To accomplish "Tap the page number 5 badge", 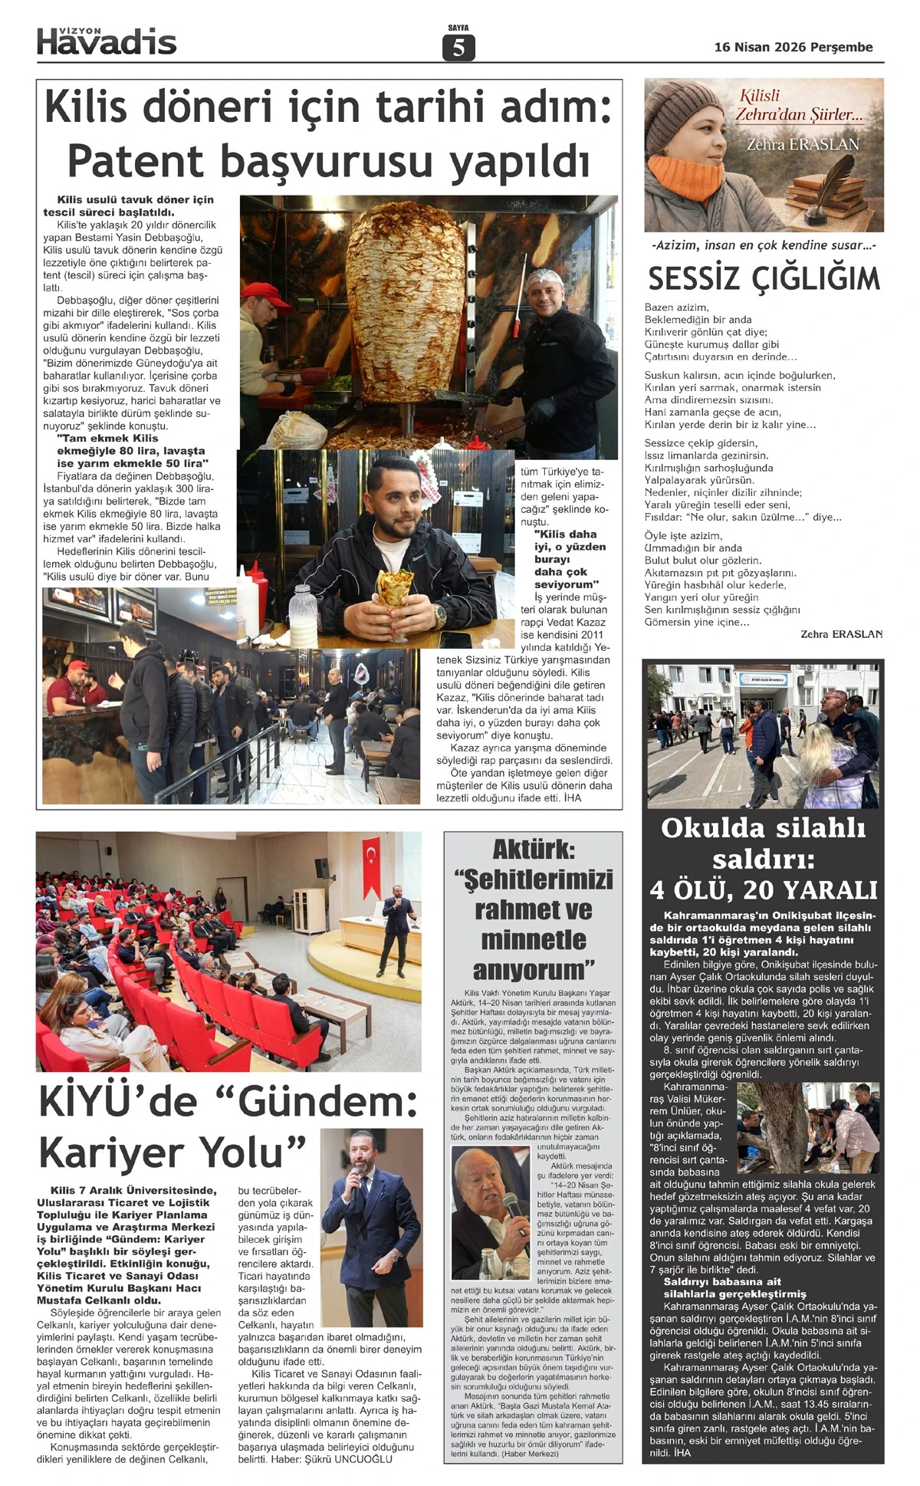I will [458, 48].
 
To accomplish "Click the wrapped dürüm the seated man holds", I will [394, 591].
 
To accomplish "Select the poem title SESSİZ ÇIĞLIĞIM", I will [764, 279].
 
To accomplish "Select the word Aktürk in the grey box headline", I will [534, 849].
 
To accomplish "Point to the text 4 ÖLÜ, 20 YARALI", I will [763, 889].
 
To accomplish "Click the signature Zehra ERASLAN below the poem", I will [840, 634].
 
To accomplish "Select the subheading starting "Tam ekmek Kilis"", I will [132, 451].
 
